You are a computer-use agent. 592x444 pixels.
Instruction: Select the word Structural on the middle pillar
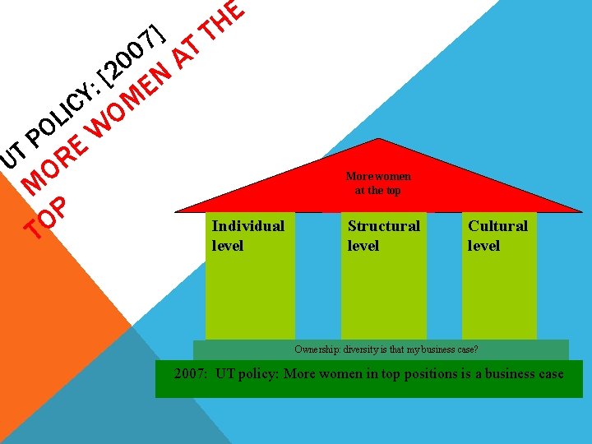point(383,226)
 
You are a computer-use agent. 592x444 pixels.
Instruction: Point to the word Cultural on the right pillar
point(497,226)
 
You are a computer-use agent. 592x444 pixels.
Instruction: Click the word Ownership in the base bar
point(315,349)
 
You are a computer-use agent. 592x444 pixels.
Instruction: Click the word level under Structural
point(363,246)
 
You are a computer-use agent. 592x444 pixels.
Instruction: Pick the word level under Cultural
point(483,246)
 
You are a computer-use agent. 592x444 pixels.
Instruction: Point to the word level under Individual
point(228,246)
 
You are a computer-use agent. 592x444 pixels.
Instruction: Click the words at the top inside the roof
point(377,190)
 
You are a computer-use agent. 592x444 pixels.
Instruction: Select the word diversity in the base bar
point(369,349)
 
